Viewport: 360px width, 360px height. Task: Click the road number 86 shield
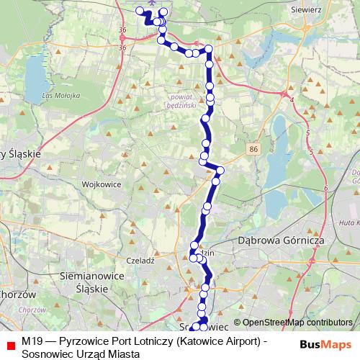(x=253, y=149)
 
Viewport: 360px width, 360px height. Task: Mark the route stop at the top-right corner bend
(x=209, y=49)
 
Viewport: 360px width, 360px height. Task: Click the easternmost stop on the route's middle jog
(x=221, y=171)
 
